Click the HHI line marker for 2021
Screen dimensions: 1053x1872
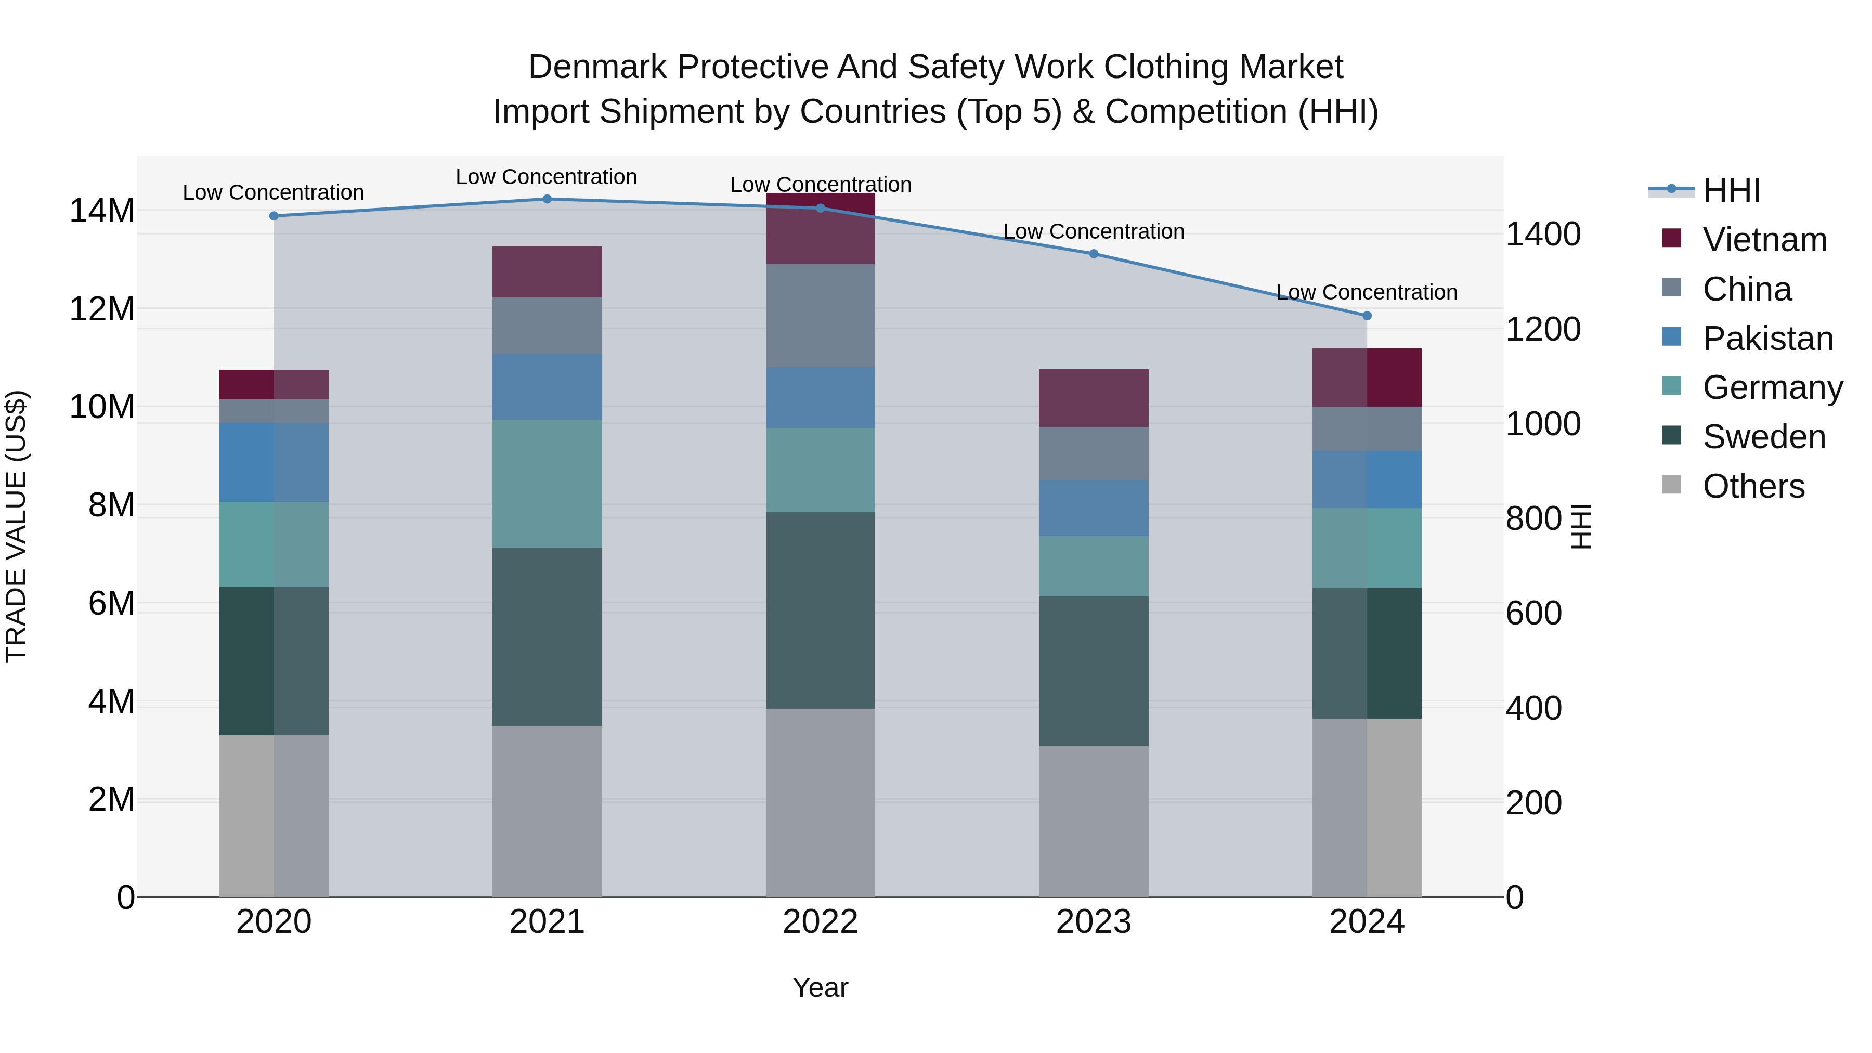click(547, 199)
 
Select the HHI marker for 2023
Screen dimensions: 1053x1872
click(1093, 254)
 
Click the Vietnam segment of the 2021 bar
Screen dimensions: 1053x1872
click(547, 272)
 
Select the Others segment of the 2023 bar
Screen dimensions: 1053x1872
click(1093, 821)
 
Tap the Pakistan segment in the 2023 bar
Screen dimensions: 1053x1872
click(1093, 508)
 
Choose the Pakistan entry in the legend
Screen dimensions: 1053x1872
click(1767, 339)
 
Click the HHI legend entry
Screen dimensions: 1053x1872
click(1731, 190)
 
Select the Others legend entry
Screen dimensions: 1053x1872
click(1753, 486)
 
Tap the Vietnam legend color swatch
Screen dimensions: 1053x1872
click(1671, 238)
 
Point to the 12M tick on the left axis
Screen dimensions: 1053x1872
click(102, 309)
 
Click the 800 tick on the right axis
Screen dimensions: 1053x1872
click(1533, 519)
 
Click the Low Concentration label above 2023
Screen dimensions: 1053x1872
click(1093, 232)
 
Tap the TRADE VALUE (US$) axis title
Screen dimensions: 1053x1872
click(17, 526)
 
